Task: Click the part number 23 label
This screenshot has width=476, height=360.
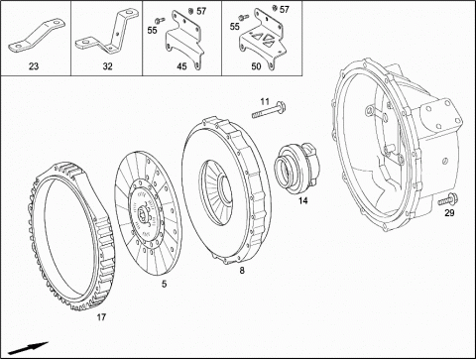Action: [34, 66]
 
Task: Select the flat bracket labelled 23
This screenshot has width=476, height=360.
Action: [37, 36]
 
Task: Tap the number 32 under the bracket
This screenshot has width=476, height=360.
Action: [107, 66]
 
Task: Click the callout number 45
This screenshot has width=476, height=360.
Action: [181, 66]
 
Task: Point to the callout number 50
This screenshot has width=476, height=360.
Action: [256, 66]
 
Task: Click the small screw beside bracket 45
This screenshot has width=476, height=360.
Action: [160, 21]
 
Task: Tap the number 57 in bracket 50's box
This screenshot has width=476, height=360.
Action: [285, 10]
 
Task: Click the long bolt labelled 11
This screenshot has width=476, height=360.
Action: [269, 111]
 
